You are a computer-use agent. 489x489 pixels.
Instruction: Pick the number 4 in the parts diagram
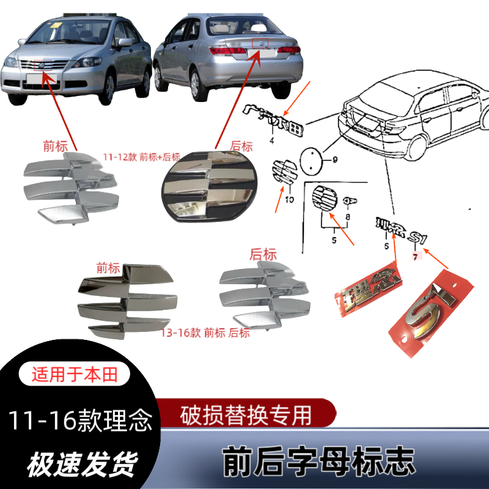click(271, 141)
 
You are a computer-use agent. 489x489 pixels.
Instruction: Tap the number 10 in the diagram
click(290, 200)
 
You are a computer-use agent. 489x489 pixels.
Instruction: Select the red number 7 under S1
click(415, 257)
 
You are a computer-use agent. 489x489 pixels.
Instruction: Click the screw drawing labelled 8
click(351, 201)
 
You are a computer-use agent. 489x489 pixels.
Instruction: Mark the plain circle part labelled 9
click(312, 161)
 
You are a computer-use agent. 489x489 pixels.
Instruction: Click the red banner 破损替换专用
click(248, 415)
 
